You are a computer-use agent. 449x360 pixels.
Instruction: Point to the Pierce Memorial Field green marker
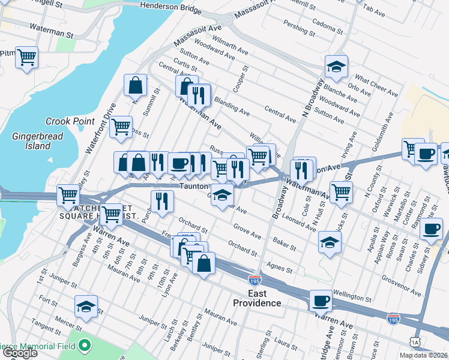point(85,346)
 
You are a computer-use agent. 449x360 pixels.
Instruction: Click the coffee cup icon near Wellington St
point(321,300)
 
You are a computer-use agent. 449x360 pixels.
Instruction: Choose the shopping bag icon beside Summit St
point(136,85)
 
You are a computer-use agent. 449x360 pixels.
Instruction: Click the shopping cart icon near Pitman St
point(26,58)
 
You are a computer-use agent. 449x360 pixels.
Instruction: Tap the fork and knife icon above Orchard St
point(160,201)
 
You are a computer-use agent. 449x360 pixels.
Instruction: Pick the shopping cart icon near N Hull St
point(341,192)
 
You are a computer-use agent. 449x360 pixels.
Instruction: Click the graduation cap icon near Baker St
point(330,242)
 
